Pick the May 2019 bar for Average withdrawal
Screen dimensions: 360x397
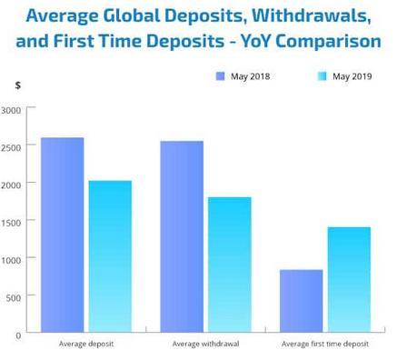(x=230, y=264)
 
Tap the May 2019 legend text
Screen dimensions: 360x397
(x=352, y=76)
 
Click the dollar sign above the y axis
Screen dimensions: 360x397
(x=17, y=85)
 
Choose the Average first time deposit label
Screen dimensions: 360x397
(x=325, y=345)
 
